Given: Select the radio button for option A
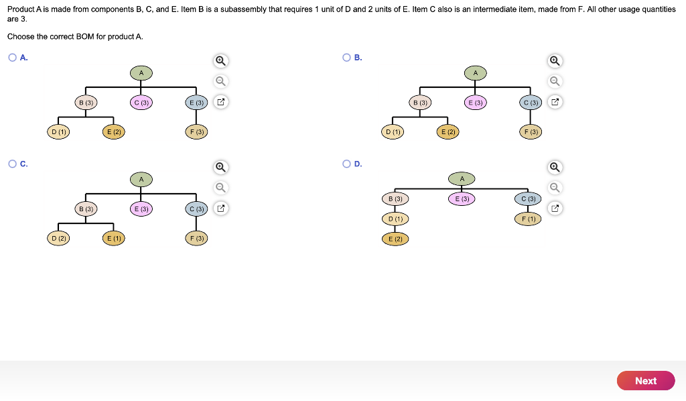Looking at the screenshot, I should point(12,58).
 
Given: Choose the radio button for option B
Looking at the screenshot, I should point(346,58).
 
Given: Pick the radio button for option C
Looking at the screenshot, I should point(12,164).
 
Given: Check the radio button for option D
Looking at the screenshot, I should point(346,164).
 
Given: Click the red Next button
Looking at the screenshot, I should point(645,380).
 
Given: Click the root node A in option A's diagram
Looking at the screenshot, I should point(141,72).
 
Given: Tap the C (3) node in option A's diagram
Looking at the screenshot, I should point(141,103).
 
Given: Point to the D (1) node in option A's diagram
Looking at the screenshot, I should point(58,132).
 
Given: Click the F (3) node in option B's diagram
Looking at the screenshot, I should point(531,132).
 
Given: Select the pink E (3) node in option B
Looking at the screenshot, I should point(476,103).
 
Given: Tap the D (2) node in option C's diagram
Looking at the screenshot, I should point(58,238).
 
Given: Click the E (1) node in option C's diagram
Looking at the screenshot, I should point(113,238).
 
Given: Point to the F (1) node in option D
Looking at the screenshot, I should point(527,219).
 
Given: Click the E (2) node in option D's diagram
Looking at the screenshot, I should point(395,239).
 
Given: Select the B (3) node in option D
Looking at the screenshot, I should point(395,199).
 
